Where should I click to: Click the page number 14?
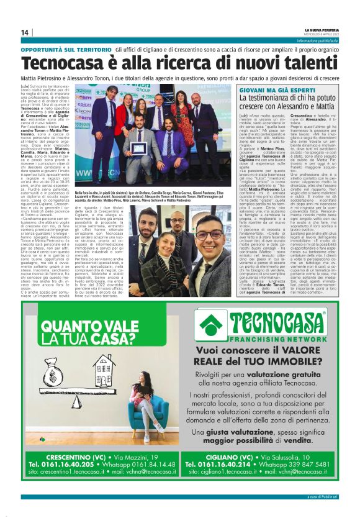pyautogui.click(x=25, y=33)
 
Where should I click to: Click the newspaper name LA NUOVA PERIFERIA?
pyautogui.click(x=322, y=29)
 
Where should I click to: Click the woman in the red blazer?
pyautogui.click(x=128, y=118)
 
